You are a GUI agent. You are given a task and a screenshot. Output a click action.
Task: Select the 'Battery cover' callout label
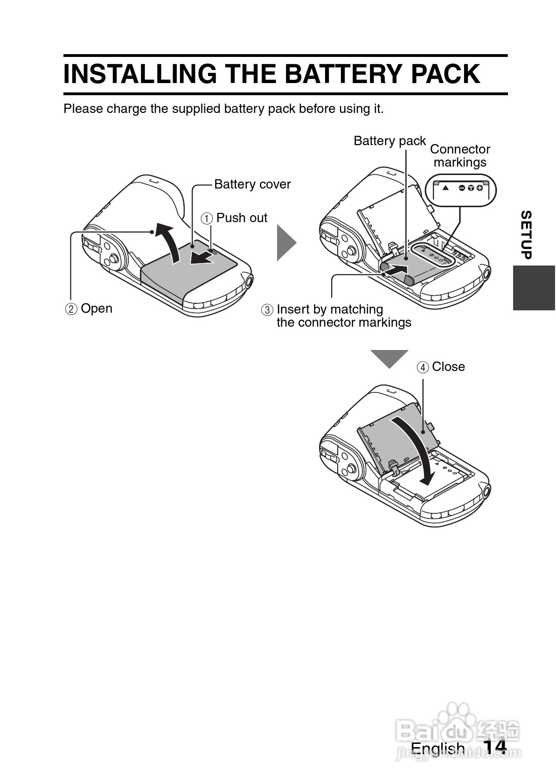tap(252, 184)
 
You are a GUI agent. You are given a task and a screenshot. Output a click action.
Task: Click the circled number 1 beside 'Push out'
tap(207, 218)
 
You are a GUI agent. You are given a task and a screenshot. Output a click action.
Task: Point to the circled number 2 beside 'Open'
tap(71, 309)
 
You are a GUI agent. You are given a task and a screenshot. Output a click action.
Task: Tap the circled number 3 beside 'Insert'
tap(267, 310)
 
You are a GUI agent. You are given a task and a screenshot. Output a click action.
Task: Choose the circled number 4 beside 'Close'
tap(423, 367)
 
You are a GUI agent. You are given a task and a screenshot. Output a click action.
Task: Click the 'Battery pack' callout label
tap(389, 141)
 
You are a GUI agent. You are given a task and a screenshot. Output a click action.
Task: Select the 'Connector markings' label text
tap(460, 156)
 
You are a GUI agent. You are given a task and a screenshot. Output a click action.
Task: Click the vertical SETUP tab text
tap(526, 235)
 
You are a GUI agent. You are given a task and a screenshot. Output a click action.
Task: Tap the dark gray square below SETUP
tap(534, 288)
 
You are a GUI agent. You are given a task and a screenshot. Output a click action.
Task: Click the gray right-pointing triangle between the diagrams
tap(285, 242)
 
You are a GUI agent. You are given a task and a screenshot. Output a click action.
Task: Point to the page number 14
tap(494, 747)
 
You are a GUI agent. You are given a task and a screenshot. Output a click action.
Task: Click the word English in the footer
tap(438, 748)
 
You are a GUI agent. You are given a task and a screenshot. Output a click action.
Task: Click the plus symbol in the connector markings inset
tap(480, 188)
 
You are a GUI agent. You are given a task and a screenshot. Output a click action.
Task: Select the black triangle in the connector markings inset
tap(445, 188)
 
